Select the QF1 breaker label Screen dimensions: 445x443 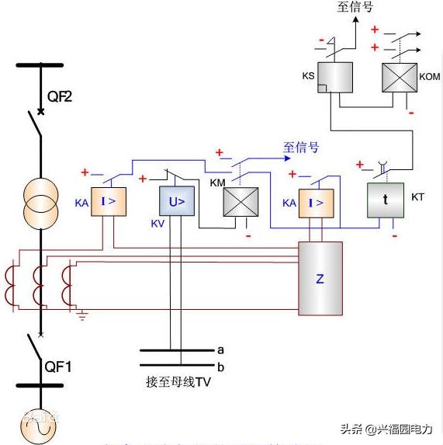(59, 366)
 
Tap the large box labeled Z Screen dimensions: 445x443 (320, 279)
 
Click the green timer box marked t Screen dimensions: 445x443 (385, 198)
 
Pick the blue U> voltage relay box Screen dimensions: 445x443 (177, 203)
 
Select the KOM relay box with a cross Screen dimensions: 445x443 (399, 78)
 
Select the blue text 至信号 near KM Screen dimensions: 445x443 (301, 148)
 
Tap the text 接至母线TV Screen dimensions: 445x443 (178, 381)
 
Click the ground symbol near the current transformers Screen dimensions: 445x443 (82, 315)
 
